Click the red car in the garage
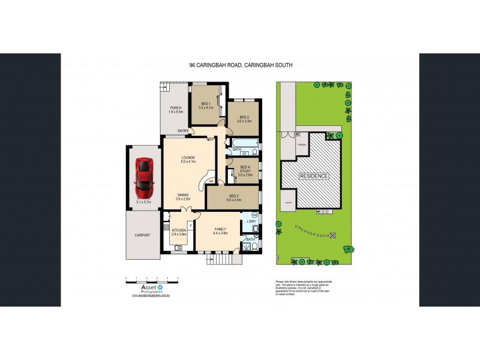click(143, 173)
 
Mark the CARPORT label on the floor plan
click(142, 235)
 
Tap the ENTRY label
click(183, 131)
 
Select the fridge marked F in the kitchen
click(190, 227)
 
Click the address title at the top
click(240, 65)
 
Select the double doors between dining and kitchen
click(187, 209)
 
